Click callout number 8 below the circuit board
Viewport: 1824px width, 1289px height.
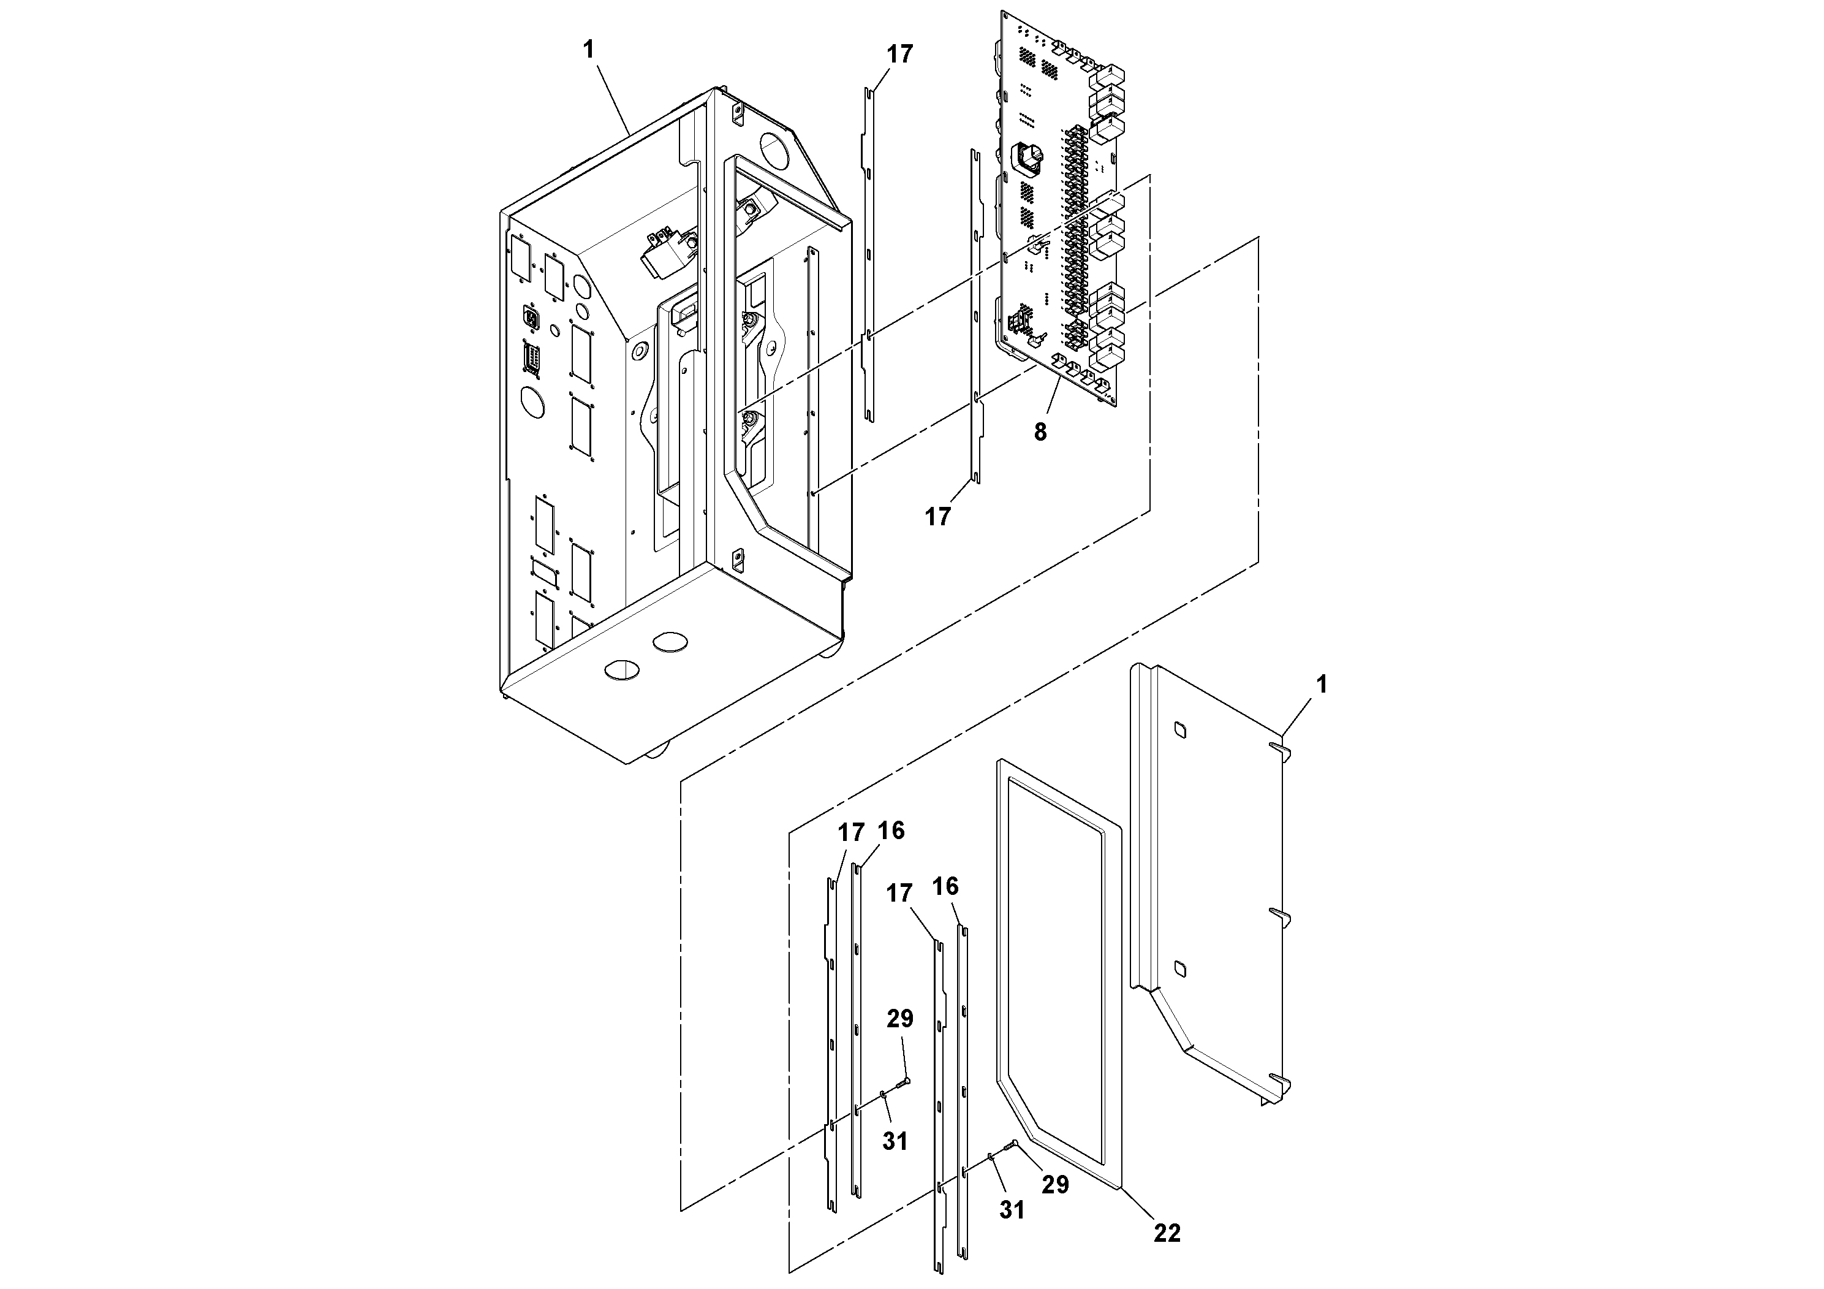[x=1040, y=432]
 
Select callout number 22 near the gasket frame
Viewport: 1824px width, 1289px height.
[x=1167, y=1233]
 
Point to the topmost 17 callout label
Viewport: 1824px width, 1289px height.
[x=900, y=55]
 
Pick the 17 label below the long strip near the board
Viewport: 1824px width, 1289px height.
[x=937, y=517]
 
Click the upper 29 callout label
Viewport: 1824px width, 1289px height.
[x=900, y=1019]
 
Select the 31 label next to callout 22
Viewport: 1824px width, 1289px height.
[x=1012, y=1211]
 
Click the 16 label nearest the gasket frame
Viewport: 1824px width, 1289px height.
[x=945, y=886]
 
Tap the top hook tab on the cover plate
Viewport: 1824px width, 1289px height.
[x=1280, y=748]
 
